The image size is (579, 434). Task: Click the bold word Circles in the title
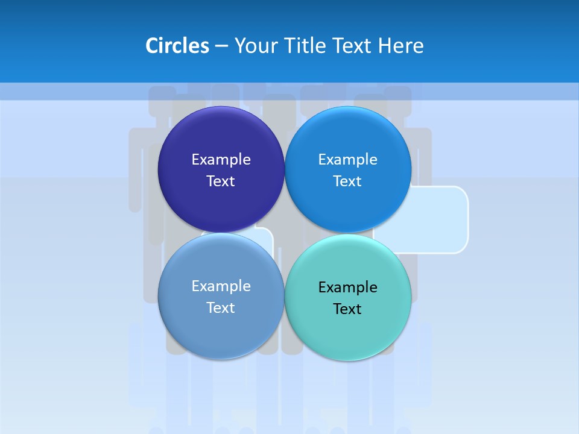pos(177,46)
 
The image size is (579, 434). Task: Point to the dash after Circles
pos(221,46)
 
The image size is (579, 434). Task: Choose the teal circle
pos(348,332)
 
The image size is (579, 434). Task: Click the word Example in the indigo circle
pos(221,160)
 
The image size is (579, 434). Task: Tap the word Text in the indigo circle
pos(221,181)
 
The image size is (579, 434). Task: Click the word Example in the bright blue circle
pos(348,160)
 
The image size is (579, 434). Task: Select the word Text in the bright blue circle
pos(348,181)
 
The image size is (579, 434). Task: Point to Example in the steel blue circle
pos(221,286)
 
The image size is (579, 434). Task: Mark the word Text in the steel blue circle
pos(221,308)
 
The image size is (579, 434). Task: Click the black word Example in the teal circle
pos(348,288)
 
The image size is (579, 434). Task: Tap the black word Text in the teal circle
pos(348,309)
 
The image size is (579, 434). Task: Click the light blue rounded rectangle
pos(440,220)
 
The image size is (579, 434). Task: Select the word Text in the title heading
pos(352,46)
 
